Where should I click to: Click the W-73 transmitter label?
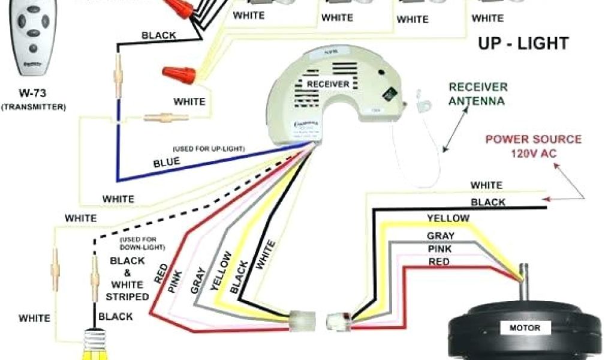click(33, 99)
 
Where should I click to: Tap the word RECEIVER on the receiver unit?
click(327, 84)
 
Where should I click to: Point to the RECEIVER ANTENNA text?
click(477, 94)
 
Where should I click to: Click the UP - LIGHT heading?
click(522, 43)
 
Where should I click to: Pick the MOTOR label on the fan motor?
click(524, 328)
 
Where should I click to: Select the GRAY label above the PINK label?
click(440, 236)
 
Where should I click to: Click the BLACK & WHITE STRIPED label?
click(127, 278)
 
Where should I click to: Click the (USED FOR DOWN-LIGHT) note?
click(142, 243)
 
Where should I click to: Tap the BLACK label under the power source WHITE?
click(487, 202)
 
